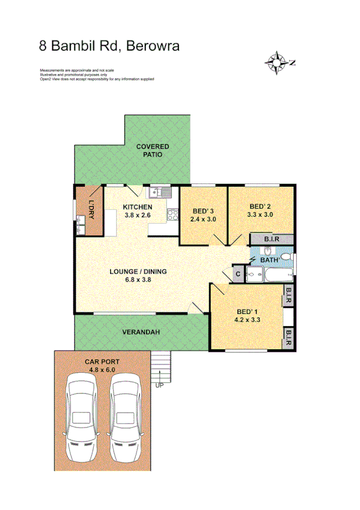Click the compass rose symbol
[x=276, y=61]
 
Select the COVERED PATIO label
[x=152, y=150]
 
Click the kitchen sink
[x=160, y=192]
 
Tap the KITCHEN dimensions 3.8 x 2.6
[x=136, y=215]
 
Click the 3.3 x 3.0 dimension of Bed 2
[x=260, y=214]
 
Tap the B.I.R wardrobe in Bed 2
[x=270, y=239]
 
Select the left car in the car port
[x=81, y=416]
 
